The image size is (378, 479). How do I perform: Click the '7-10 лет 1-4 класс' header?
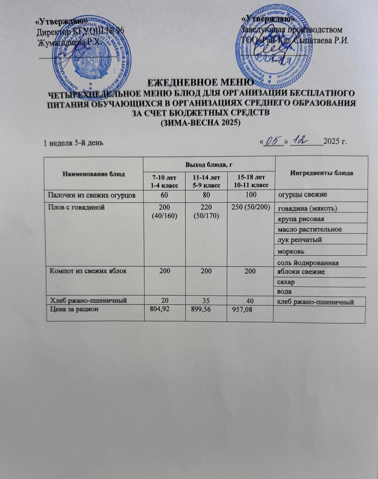(x=165, y=180)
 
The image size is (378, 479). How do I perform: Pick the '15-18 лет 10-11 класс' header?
(x=251, y=180)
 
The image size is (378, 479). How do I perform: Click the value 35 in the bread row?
(x=206, y=300)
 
